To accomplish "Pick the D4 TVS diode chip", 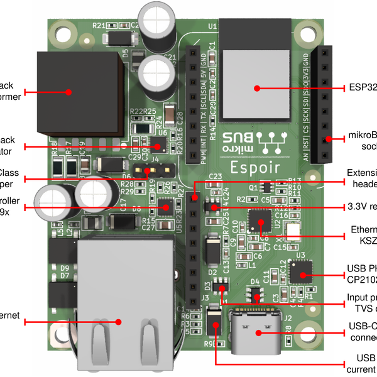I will (x=256, y=294).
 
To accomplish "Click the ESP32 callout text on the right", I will (x=362, y=88).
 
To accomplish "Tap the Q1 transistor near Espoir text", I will (x=266, y=187).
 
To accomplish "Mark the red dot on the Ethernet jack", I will (x=117, y=322).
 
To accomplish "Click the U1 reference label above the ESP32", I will (x=212, y=26).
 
